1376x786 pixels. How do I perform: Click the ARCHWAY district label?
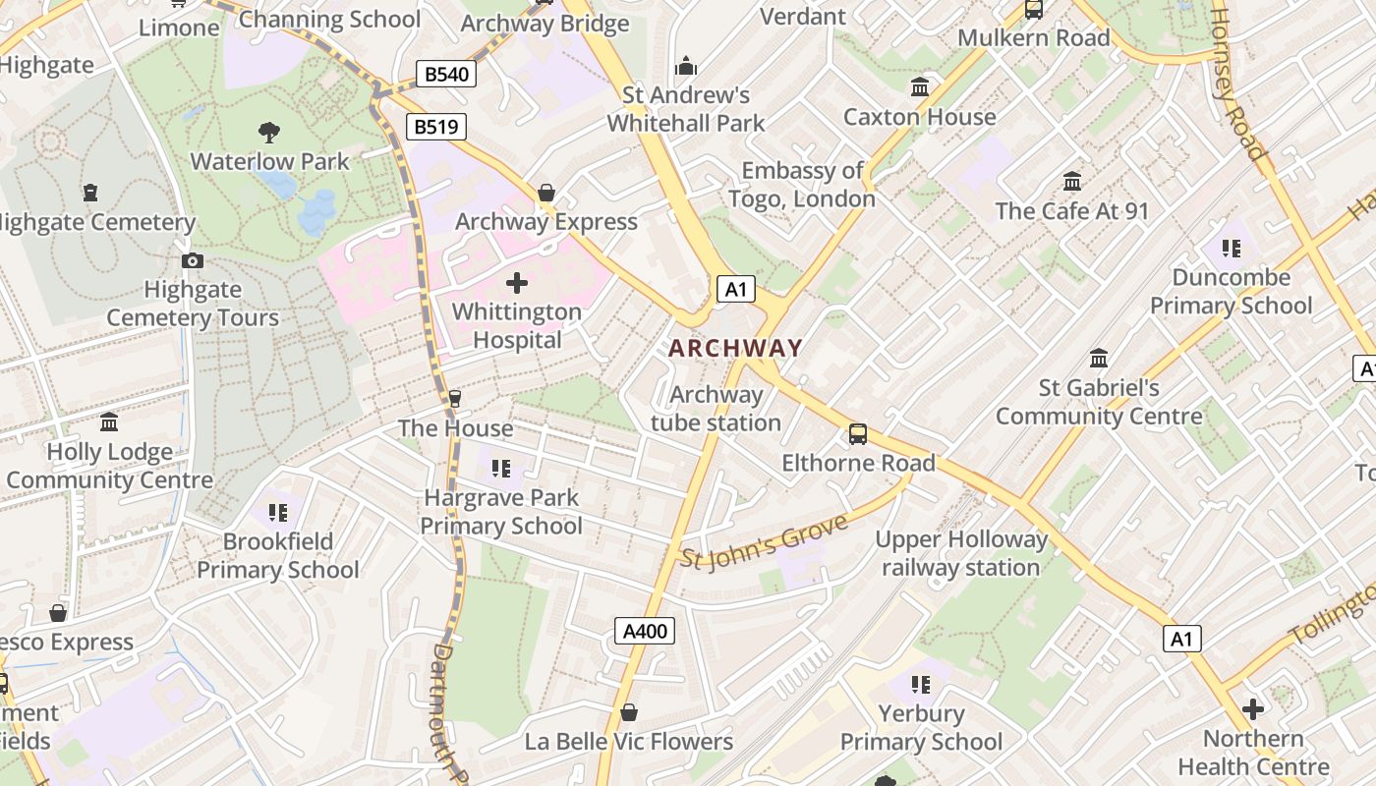point(735,348)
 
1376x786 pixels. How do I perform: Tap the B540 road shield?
point(445,74)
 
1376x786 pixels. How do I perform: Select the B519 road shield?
point(435,126)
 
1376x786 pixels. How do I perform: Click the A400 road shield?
point(645,631)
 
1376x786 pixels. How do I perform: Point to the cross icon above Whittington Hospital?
point(516,284)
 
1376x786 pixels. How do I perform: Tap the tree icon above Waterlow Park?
point(268,132)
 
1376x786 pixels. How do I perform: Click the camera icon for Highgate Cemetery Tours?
point(193,260)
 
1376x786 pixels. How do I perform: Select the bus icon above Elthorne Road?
point(858,433)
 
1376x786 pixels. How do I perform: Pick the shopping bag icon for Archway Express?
point(545,193)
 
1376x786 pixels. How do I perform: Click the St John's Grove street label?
point(764,541)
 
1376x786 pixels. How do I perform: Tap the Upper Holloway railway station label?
point(961,553)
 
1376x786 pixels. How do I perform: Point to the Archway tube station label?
point(716,409)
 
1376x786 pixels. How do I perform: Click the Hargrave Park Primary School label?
point(501,511)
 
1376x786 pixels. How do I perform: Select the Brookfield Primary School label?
point(278,555)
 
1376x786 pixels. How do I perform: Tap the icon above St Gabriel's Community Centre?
point(1099,358)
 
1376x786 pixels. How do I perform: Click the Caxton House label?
point(919,117)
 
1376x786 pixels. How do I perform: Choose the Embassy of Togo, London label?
point(802,185)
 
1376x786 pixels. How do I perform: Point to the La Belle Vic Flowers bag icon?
point(629,711)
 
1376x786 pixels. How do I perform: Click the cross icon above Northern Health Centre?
point(1252,708)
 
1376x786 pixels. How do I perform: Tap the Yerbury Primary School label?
point(921,727)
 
